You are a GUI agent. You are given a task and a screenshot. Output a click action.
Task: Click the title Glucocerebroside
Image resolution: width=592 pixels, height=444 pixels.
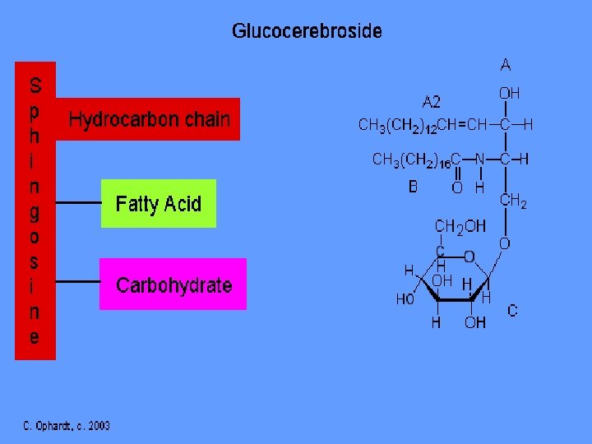coord(307,32)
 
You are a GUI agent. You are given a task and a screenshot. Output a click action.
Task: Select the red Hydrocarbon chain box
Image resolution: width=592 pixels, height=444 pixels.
coord(149,119)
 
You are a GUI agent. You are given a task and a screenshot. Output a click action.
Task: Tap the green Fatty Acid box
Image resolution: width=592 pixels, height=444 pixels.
coord(158,203)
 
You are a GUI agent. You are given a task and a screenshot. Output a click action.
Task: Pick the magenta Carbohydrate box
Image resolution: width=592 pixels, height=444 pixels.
coord(173,284)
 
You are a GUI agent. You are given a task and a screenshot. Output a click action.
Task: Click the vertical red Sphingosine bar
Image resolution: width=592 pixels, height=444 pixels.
coord(35,210)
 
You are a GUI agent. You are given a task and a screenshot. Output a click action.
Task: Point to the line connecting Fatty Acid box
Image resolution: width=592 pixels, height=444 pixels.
coord(78,202)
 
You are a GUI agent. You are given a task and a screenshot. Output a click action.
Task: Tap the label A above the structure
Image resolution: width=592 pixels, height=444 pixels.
coord(505,65)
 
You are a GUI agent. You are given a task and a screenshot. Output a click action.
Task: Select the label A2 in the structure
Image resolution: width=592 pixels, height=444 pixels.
coord(431,102)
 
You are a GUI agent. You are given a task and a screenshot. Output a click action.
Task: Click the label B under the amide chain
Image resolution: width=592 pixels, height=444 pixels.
coord(413,187)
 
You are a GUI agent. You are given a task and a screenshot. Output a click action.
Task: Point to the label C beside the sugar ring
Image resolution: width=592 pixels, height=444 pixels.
coord(512,311)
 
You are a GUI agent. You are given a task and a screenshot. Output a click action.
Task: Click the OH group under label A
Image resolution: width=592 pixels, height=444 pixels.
coord(509,94)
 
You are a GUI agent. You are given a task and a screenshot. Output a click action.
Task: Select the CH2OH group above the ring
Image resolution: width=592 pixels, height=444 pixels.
coord(460,225)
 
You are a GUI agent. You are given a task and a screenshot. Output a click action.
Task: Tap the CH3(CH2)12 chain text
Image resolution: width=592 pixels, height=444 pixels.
coord(396,126)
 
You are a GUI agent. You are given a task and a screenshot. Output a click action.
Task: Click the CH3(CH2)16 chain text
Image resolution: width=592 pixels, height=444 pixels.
coord(409,160)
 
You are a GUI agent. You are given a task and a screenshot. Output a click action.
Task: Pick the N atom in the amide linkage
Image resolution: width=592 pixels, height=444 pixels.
coord(480,160)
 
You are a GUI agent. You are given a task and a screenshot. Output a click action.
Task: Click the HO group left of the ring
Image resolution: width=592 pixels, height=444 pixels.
coord(405,299)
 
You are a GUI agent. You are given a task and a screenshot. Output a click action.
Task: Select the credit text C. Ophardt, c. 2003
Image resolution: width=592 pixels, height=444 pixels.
coord(66,425)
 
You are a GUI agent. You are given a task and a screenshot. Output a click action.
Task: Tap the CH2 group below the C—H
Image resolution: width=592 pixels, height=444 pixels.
coord(513,201)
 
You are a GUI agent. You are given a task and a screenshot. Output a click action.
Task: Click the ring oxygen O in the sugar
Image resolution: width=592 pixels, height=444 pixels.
coord(468,257)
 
